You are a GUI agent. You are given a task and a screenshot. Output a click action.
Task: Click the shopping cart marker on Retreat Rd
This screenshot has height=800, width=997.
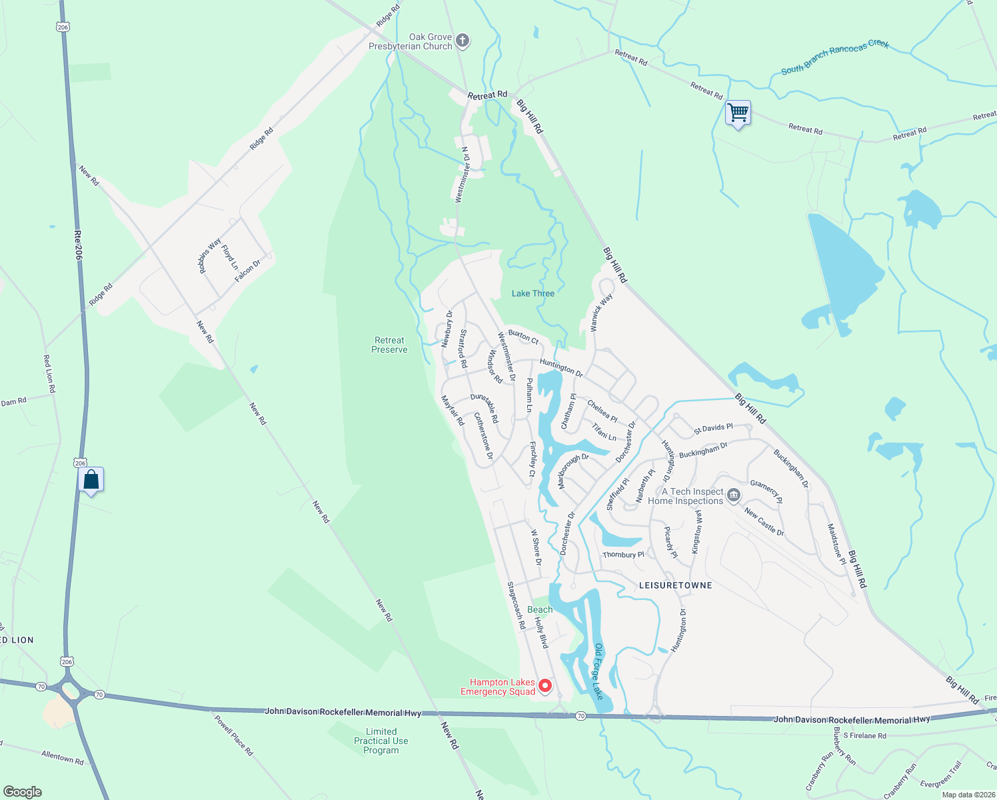click(x=738, y=113)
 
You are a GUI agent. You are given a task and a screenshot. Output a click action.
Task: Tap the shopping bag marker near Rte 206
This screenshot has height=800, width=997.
click(x=91, y=479)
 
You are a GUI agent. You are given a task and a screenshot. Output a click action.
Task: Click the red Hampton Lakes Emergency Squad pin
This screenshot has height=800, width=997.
click(x=545, y=685)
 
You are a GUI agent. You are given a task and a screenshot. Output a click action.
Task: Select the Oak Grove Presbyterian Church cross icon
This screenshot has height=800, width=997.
click(x=463, y=41)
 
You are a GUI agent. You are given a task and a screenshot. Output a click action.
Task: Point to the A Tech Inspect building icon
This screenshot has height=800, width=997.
click(x=734, y=495)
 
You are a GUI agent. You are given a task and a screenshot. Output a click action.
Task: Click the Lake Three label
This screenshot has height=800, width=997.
click(x=532, y=293)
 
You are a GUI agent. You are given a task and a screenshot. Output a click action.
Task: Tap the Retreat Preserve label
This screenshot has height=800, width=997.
click(x=389, y=345)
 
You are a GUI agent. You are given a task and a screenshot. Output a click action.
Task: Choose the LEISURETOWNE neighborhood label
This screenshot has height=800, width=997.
click(x=675, y=585)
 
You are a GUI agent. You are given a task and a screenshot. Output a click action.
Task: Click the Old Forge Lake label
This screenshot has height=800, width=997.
click(x=598, y=671)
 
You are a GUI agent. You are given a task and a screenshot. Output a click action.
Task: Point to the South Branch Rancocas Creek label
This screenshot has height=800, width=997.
click(x=834, y=57)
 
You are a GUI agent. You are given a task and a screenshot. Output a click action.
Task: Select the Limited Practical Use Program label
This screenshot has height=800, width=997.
click(x=381, y=741)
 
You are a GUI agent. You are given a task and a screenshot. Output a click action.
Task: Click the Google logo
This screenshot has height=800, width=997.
click(x=23, y=791)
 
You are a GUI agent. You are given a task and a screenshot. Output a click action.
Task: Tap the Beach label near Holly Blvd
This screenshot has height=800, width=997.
click(x=540, y=609)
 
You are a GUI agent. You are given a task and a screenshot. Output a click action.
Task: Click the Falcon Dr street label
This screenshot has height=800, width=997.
click(x=247, y=271)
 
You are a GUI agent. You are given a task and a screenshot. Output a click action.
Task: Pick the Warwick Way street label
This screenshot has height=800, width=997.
click(x=600, y=313)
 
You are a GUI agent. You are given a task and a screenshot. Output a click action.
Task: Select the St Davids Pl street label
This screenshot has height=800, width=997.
click(x=713, y=428)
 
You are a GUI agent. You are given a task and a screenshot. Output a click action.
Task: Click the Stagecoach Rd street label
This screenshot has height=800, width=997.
click(x=516, y=605)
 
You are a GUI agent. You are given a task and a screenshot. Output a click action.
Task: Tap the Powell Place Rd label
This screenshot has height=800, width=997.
click(x=233, y=735)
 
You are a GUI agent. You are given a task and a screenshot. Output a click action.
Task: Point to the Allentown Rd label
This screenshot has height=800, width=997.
click(x=63, y=757)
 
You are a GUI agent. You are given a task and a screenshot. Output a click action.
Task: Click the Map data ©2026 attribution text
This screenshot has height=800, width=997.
click(x=966, y=795)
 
